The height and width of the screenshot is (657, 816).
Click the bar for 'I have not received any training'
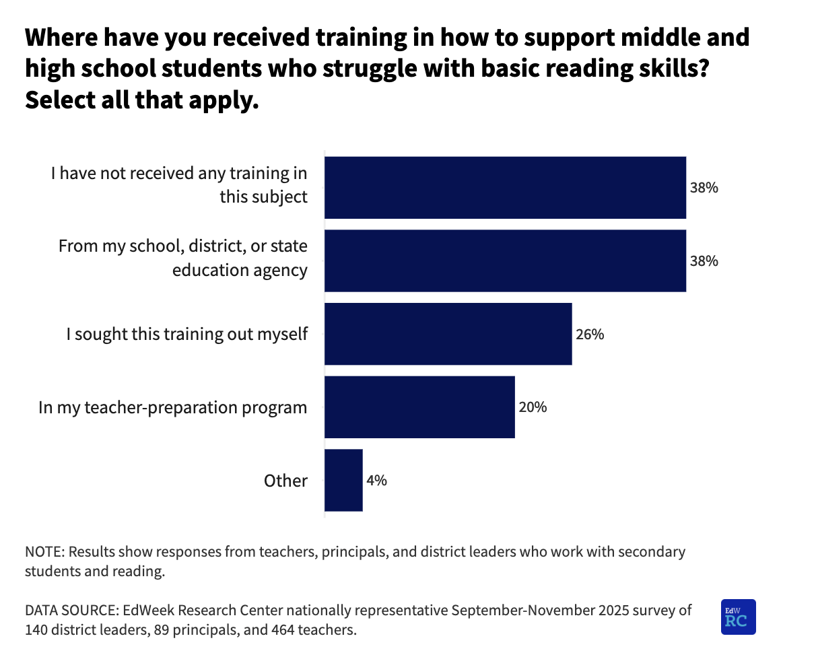tap(505, 188)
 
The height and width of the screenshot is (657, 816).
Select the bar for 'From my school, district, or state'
tap(505, 261)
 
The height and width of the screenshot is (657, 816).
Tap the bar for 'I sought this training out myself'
tap(448, 334)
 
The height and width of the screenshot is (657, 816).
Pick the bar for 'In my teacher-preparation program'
tap(419, 407)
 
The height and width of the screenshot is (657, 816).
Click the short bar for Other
tap(343, 481)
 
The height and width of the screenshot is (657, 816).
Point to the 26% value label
tap(590, 334)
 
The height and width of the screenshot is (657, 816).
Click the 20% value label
tap(533, 407)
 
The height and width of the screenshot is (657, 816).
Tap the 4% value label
tap(376, 481)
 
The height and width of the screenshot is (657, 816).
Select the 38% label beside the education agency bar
tap(704, 261)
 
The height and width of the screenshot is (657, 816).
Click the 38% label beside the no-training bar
tap(704, 188)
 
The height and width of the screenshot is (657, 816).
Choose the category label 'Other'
tap(285, 481)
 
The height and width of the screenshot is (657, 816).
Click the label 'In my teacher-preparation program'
tap(173, 407)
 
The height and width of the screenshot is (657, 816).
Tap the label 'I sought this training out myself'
tap(186, 334)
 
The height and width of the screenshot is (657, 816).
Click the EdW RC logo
tap(738, 617)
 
